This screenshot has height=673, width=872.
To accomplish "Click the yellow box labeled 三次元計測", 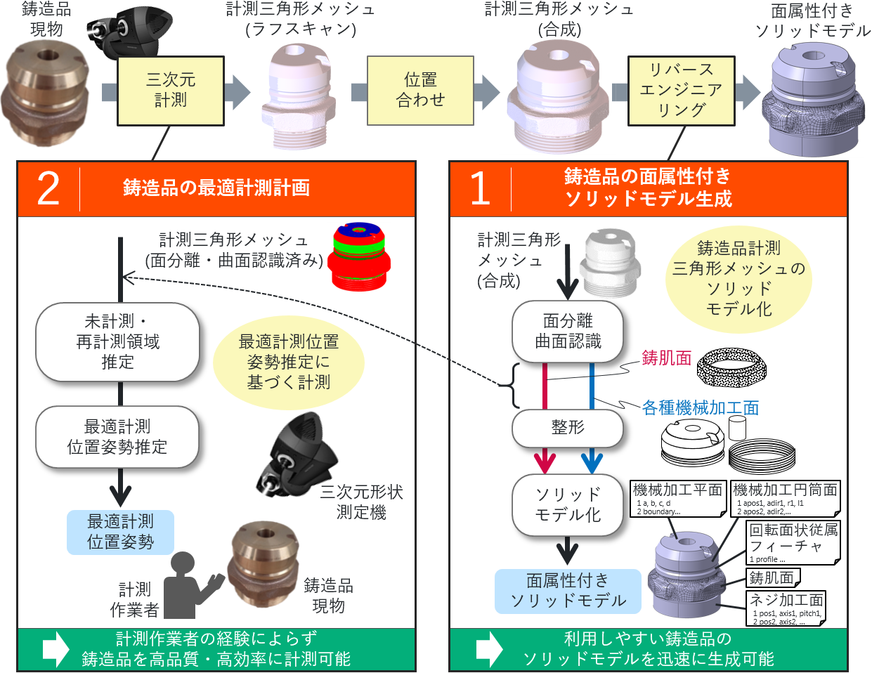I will coord(171,91).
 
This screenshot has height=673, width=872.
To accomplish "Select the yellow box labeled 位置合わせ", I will coord(420,91).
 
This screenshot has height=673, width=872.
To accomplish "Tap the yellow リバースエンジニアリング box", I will coord(681,91).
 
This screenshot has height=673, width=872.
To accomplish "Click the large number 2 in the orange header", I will coord(48,188).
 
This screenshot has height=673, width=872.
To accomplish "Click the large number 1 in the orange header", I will coord(480,188).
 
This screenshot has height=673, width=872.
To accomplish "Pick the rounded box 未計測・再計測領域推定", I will coord(117,341).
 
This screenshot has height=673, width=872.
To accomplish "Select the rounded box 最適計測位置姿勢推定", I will coord(117,437).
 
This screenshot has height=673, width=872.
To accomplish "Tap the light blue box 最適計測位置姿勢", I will coord(120,532).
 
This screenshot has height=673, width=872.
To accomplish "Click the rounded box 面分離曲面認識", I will coord(568,332).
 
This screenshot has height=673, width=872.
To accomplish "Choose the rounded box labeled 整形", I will coord(568,428).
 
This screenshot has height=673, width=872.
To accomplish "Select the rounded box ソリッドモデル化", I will coord(568,504).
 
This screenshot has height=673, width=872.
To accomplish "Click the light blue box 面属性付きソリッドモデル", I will coord(568,591).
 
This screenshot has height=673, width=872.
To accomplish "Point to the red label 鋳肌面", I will coord(666,358).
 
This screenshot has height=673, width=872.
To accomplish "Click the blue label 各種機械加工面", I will coord(700,407).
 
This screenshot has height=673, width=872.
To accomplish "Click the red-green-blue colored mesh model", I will coord(360,257).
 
